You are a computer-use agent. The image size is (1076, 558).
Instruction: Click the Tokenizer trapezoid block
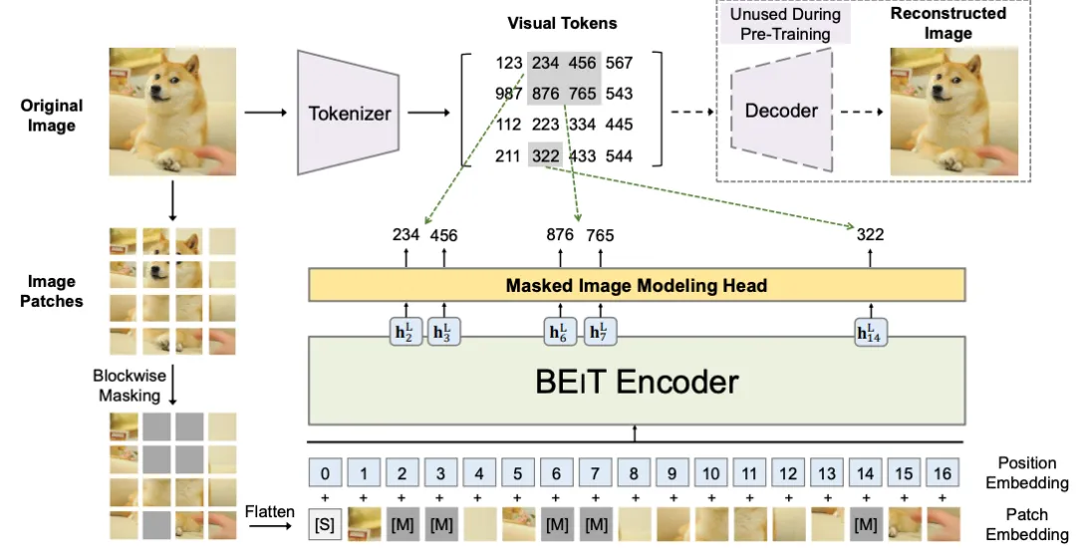348,113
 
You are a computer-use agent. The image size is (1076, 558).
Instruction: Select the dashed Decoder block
782,111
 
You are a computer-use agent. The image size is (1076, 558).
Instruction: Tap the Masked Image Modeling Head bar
637,285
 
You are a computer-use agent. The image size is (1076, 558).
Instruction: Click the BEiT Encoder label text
637,382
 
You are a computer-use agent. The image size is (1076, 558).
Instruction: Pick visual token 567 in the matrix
619,63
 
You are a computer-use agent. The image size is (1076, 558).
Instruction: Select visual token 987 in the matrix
508,94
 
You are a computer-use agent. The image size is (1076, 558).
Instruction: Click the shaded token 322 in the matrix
546,155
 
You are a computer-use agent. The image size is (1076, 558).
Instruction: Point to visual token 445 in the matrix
619,125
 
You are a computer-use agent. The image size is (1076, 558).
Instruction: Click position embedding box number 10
711,473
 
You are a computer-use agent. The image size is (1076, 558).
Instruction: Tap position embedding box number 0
325,473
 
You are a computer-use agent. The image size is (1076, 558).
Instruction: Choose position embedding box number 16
942,473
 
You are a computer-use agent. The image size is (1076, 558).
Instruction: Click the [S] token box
325,525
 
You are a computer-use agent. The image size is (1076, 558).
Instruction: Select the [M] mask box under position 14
866,525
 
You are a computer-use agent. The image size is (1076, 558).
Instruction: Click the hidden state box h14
870,332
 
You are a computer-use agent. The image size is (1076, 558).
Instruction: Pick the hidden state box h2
404,332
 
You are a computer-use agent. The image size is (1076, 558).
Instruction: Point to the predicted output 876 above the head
560,235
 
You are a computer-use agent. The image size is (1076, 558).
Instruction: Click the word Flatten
270,511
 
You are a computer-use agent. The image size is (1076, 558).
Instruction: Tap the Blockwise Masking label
130,385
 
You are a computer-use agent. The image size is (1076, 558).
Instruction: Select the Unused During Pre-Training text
785,24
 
